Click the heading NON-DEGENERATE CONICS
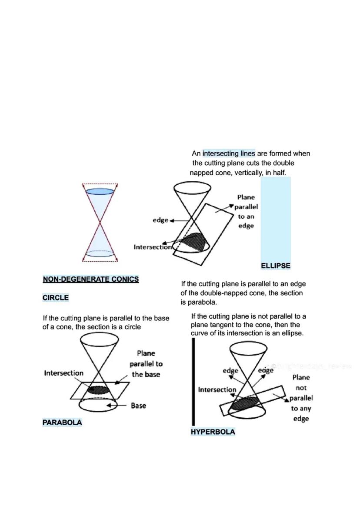point(90,279)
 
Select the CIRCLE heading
point(55,298)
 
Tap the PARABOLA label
point(62,422)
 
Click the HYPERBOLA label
point(213,432)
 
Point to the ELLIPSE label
point(275,266)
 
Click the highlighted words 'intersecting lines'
point(229,153)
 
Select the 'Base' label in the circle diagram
point(138,406)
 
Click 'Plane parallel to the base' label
point(146,364)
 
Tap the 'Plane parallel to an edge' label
point(246,211)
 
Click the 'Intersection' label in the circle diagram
point(63,373)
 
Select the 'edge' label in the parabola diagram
point(160,220)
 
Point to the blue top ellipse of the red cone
point(100,191)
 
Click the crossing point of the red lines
point(100,223)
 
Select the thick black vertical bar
point(193,382)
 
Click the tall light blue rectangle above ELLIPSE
point(275,217)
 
